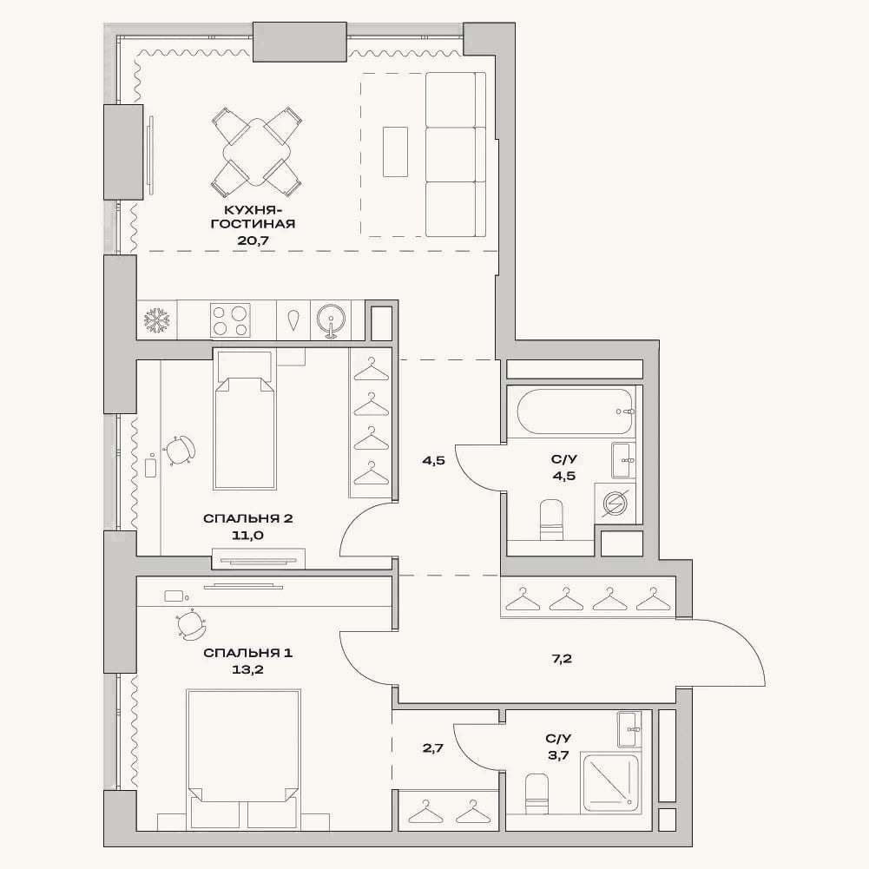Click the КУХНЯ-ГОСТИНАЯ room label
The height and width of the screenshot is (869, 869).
click(x=259, y=217)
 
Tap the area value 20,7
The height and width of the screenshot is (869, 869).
click(x=260, y=240)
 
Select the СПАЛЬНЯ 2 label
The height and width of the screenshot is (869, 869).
click(x=247, y=519)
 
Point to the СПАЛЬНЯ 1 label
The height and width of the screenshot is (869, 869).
click(x=247, y=653)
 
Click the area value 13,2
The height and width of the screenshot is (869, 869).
click(x=247, y=669)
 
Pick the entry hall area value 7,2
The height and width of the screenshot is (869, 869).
click(x=562, y=659)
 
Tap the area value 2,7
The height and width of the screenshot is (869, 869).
click(x=433, y=748)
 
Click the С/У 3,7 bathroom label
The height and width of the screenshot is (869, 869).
click(x=558, y=747)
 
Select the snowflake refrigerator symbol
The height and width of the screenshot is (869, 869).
click(x=157, y=320)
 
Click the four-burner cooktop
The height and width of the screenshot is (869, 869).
click(x=230, y=319)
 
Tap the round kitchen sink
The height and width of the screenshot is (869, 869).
click(x=331, y=320)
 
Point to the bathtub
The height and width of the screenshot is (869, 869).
click(x=574, y=411)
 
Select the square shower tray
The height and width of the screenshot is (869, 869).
click(x=610, y=782)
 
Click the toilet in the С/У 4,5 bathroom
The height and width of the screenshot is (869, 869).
click(x=551, y=519)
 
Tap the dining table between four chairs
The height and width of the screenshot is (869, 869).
click(x=256, y=152)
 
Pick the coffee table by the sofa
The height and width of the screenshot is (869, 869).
click(x=395, y=152)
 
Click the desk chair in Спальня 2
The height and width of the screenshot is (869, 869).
click(x=180, y=450)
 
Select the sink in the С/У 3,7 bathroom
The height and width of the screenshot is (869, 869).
click(x=629, y=729)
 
